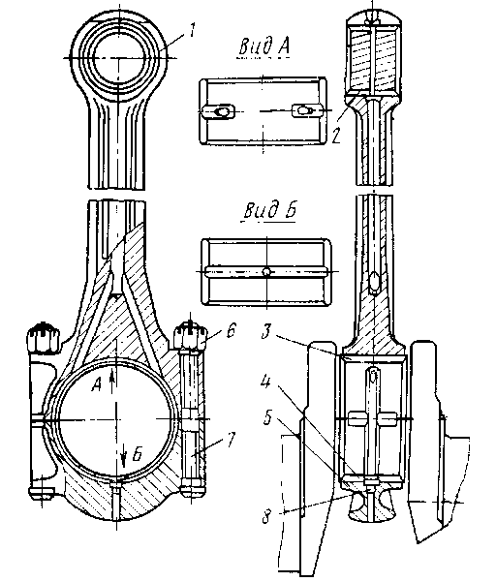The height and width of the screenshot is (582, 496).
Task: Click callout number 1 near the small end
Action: pyautogui.click(x=192, y=30)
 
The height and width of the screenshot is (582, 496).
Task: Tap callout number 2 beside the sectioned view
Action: pyautogui.click(x=336, y=136)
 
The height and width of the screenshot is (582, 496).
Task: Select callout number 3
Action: pyautogui.click(x=265, y=331)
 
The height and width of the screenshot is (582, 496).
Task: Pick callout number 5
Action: pyautogui.click(x=267, y=417)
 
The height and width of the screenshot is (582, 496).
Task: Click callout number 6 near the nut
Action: pyautogui.click(x=231, y=329)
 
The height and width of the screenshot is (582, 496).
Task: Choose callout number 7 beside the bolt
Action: pyautogui.click(x=231, y=440)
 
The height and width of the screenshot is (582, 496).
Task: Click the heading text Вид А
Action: pyautogui.click(x=263, y=47)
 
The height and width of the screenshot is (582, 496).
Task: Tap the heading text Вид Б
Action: pyautogui.click(x=270, y=210)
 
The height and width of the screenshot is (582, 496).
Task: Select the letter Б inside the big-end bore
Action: pyautogui.click(x=137, y=453)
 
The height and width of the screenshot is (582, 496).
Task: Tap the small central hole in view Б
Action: pyautogui.click(x=266, y=272)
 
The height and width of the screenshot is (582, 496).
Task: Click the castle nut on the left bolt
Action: pyautogui.click(x=43, y=337)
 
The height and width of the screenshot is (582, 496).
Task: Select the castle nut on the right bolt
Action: pyautogui.click(x=190, y=336)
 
